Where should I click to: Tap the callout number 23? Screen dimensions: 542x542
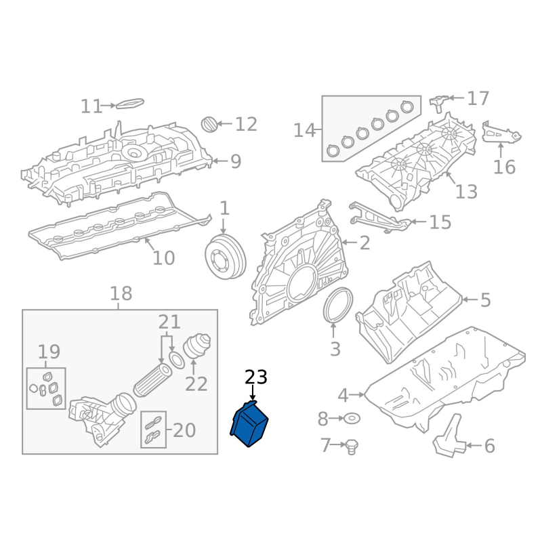[256, 377]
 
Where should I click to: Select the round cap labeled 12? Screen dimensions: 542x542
[209, 125]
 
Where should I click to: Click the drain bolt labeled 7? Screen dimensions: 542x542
[352, 447]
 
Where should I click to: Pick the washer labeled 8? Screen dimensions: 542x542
[352, 419]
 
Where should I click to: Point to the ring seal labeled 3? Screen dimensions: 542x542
[338, 306]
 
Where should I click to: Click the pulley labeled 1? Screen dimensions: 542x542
[226, 257]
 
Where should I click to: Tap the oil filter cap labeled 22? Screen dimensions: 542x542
[196, 346]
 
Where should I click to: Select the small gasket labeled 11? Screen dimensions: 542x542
[129, 103]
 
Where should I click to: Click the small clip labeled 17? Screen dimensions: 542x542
[438, 102]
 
